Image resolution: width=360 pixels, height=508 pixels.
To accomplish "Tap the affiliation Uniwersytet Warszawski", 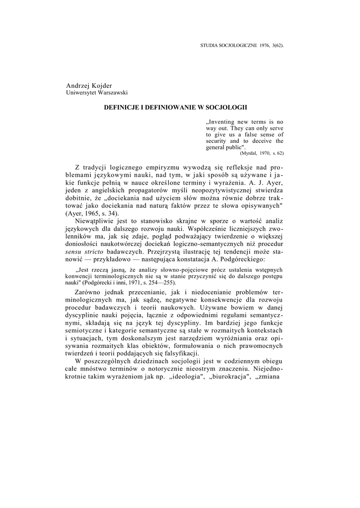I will [97, 93].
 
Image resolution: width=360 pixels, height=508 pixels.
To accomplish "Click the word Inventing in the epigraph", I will [222, 122].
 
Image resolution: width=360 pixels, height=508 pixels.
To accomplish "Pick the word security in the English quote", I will [218, 141].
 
